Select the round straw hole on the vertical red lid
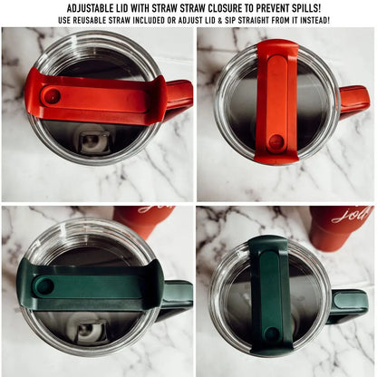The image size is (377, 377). [275, 142]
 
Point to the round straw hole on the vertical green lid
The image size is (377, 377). [272, 334]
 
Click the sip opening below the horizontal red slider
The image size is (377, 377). [92, 140]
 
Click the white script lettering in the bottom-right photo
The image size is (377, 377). [353, 215]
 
